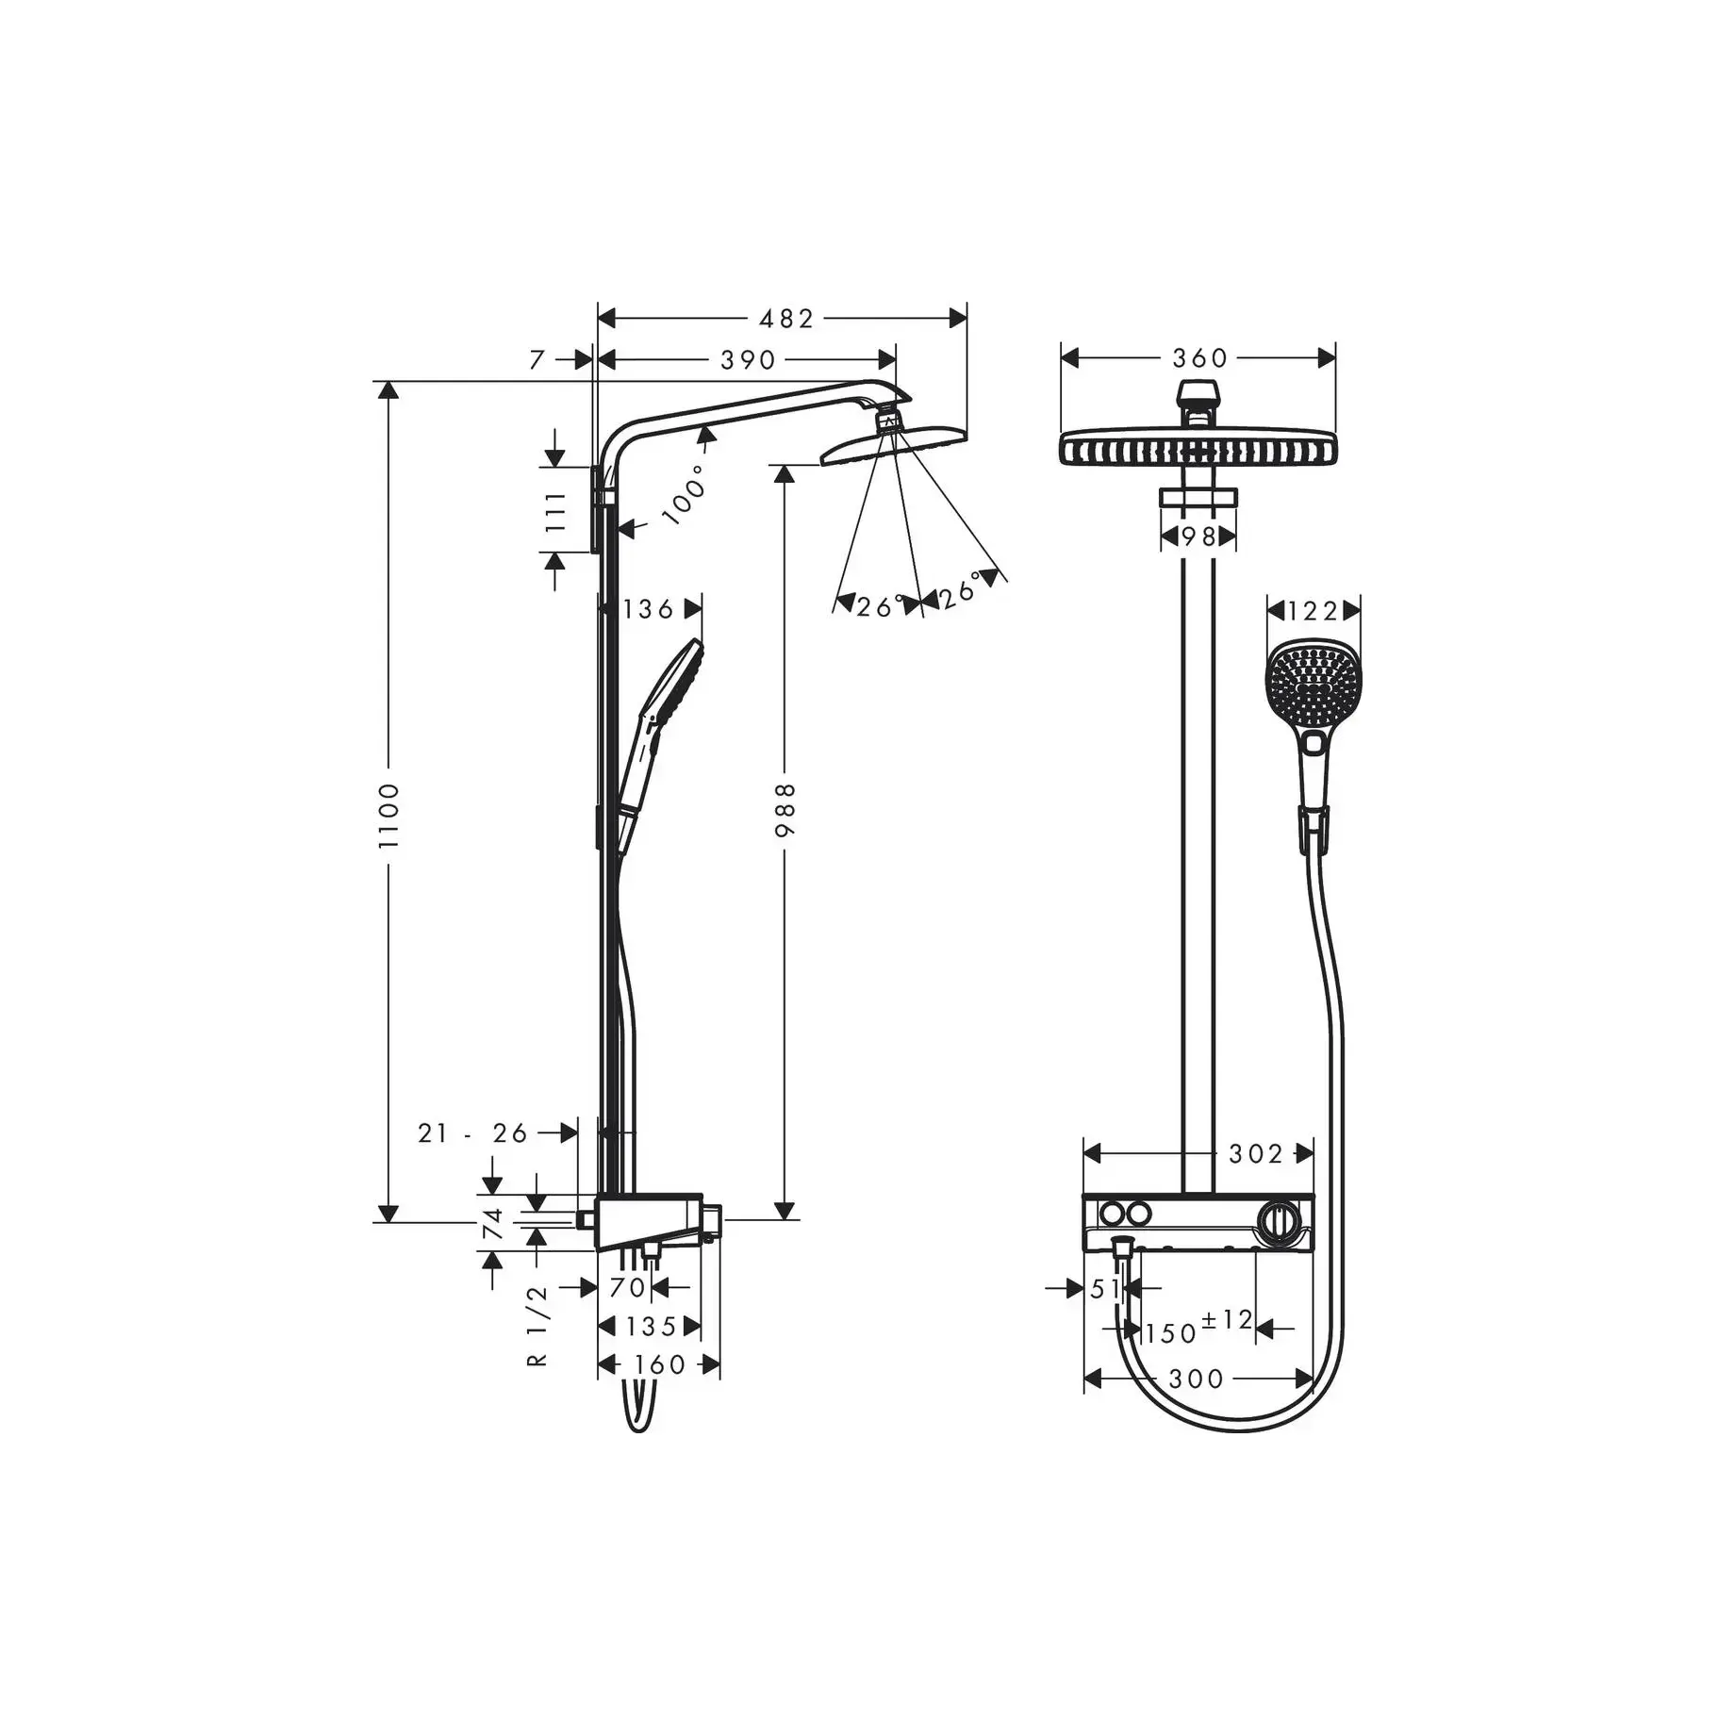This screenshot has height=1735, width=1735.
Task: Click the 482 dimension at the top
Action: [x=785, y=319]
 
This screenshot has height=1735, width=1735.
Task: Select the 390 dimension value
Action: [x=748, y=360]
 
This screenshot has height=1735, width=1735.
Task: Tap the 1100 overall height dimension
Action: [x=388, y=815]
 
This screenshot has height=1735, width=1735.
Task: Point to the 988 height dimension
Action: [x=785, y=808]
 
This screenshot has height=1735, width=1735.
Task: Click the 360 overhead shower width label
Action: [x=1199, y=358]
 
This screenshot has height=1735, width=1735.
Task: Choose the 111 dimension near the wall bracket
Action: [x=555, y=511]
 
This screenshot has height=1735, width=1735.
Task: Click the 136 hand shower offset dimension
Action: [x=649, y=609]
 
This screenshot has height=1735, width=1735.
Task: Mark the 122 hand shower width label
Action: [x=1313, y=611]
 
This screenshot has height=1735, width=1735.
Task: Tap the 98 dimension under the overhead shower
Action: [x=1198, y=537]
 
